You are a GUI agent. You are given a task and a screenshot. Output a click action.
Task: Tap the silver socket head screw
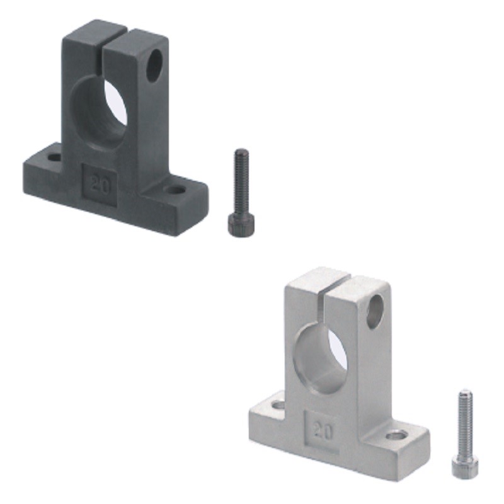click(464, 435)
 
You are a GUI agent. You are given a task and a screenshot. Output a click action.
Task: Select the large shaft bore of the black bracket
click(101, 113)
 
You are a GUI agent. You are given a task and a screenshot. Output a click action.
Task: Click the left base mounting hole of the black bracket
click(55, 156)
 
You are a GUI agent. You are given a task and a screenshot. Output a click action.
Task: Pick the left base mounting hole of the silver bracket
click(278, 404)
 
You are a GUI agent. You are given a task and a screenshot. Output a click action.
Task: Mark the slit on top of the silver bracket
click(328, 285)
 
